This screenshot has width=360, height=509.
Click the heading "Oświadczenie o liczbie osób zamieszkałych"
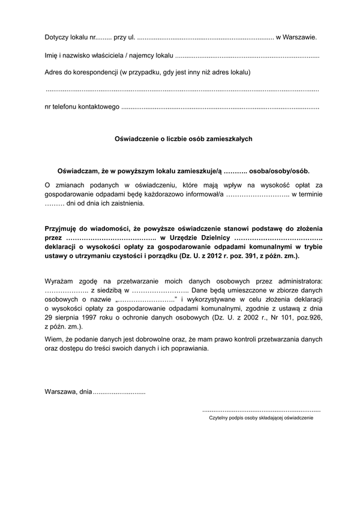coord(184,138)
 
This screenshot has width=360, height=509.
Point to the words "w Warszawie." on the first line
coord(296,37)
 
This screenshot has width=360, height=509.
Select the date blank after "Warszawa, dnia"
coord(119,392)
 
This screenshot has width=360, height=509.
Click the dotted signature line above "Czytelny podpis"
coord(262,410)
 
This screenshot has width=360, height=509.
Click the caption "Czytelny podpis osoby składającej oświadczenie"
coord(257,418)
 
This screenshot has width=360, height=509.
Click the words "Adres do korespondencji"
coord(81,72)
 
